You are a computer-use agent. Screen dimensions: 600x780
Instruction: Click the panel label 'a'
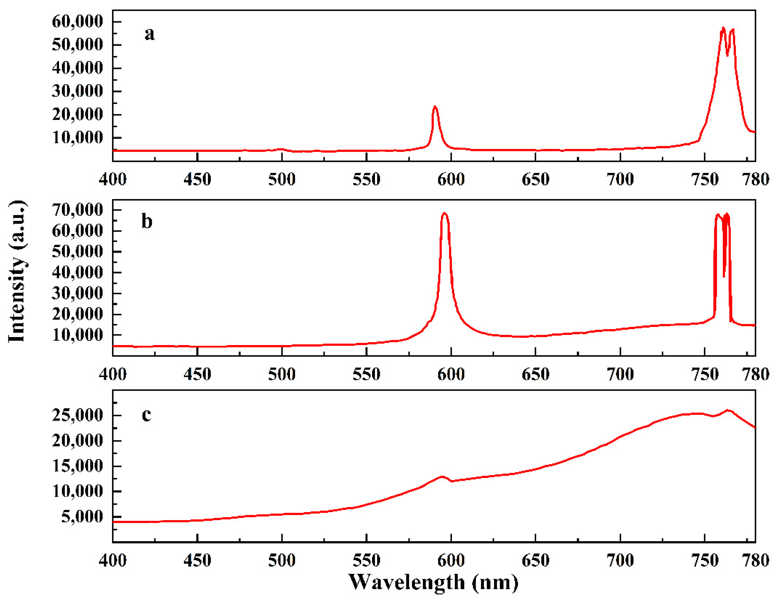[x=149, y=35]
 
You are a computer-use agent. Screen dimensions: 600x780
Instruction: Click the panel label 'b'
[x=147, y=221]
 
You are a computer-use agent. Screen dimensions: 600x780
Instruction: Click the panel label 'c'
[x=146, y=415]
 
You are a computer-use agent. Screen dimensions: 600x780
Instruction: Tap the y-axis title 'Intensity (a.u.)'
[x=17, y=271]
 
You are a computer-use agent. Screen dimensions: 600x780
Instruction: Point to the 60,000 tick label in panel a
[x=77, y=22]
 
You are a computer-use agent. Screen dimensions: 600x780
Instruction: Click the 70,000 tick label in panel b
[x=77, y=210]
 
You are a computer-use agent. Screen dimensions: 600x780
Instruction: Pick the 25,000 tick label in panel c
[x=77, y=415]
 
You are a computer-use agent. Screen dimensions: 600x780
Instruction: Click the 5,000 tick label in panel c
[x=82, y=516]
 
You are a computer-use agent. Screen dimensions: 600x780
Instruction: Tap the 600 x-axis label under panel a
[x=451, y=179]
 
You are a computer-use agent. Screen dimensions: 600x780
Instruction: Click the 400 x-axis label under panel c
[x=113, y=560]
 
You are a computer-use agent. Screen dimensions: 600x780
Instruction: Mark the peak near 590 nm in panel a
[x=435, y=107]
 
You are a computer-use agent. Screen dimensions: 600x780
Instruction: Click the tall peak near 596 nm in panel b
[x=444, y=214]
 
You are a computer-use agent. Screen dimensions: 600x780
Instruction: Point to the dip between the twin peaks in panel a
[x=727, y=55]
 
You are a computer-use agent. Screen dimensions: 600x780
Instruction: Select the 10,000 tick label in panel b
[x=77, y=335]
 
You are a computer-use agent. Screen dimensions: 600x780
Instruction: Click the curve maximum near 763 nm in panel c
[x=728, y=410]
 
